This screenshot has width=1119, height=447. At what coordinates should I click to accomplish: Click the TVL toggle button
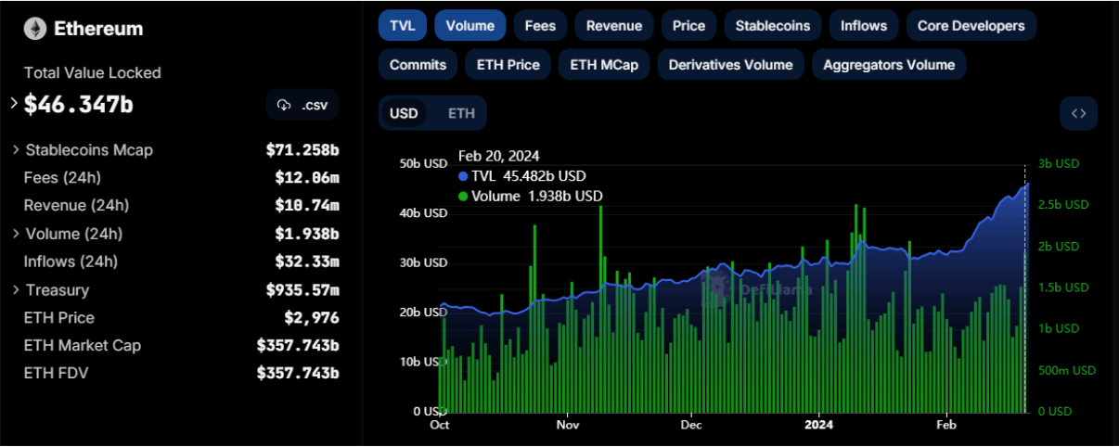(x=402, y=26)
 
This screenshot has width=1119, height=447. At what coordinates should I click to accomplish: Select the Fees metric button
(x=540, y=26)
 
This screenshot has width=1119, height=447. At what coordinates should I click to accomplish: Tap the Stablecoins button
(x=772, y=26)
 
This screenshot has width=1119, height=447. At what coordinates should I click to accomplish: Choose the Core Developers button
(x=971, y=26)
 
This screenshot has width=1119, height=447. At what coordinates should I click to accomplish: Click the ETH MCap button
(x=604, y=65)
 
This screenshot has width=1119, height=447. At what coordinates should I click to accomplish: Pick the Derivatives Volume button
(x=730, y=65)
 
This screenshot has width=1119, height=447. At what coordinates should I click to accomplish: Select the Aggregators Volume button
(x=889, y=65)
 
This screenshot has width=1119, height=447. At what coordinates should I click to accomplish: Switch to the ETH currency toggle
(x=461, y=113)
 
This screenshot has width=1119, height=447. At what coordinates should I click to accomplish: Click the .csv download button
(x=302, y=105)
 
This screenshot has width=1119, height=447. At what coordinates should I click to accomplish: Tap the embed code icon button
(x=1078, y=113)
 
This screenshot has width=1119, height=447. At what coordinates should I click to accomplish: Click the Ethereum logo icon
(x=35, y=29)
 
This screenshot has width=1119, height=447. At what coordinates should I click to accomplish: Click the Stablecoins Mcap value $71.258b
(x=302, y=149)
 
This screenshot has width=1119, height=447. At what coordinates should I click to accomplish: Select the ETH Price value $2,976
(x=312, y=318)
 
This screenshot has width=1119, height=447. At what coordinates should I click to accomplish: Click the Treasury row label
(x=58, y=290)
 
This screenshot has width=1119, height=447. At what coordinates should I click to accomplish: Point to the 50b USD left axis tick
(x=423, y=163)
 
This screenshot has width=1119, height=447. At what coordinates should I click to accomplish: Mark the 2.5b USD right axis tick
(x=1063, y=205)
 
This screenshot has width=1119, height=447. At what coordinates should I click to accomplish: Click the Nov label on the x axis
(x=568, y=425)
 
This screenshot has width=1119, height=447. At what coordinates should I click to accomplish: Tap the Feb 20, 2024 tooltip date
(x=498, y=156)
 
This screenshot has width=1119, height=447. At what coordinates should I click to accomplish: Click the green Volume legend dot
(x=463, y=197)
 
